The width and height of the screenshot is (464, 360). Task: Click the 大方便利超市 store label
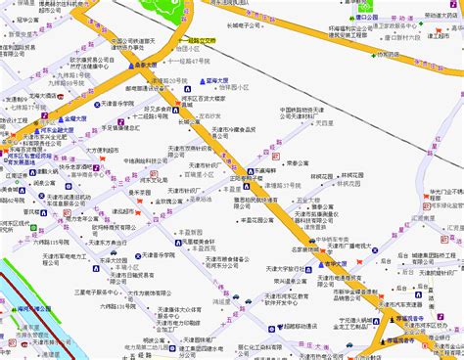coord(105,150)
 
